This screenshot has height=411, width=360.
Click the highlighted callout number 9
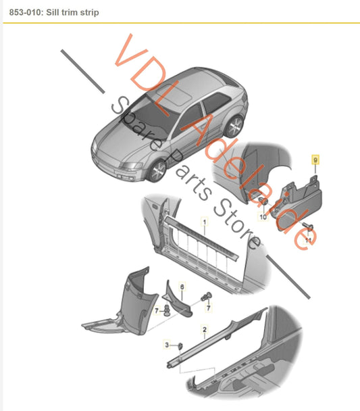coord(315,160)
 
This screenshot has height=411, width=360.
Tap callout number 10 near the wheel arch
coord(263,217)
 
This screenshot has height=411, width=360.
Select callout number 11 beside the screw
coord(308,240)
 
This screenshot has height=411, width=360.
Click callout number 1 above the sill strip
coord(205,222)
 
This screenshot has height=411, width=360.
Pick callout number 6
coord(182,287)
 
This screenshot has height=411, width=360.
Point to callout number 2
coord(205,329)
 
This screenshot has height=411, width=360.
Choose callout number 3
coord(167,345)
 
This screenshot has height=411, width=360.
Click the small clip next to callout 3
coord(180,347)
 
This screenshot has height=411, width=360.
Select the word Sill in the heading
coord(53,12)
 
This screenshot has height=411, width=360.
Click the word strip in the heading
coord(90,13)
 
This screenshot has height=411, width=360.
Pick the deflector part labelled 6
coord(177,300)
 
